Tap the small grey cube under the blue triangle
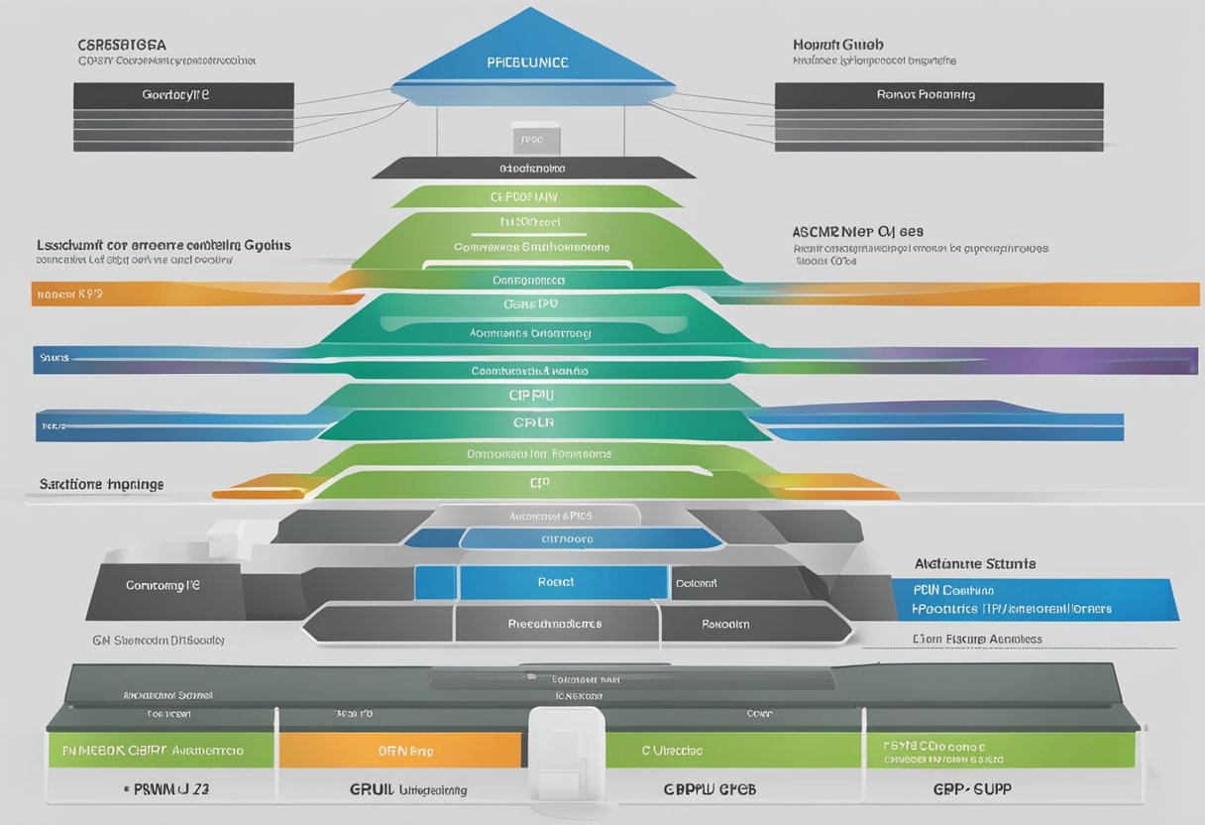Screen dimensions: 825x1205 [x=536, y=140]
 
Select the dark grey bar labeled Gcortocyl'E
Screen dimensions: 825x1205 [x=183, y=95]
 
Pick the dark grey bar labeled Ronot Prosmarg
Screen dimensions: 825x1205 [x=938, y=95]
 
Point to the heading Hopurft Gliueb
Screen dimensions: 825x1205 [x=838, y=45]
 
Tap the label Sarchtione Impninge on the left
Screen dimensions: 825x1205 [x=101, y=485]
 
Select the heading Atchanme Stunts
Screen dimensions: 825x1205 [x=974, y=563]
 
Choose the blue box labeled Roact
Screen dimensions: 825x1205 [x=556, y=583]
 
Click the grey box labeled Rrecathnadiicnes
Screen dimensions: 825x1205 [x=555, y=625]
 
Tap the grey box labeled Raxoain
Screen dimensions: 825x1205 [x=725, y=625]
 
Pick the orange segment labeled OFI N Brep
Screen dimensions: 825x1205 [x=399, y=751]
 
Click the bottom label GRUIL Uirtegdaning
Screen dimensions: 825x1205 [x=407, y=790]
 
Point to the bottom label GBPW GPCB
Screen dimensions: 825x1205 [x=709, y=790]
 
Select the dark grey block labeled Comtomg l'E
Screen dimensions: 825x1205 [x=164, y=585]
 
